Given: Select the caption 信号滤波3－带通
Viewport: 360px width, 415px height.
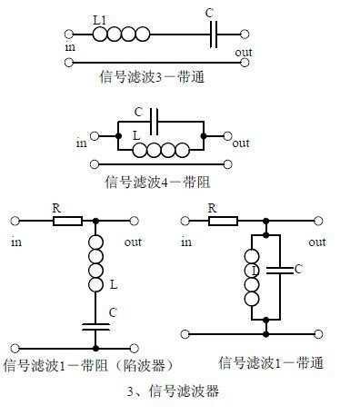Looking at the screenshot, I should point(152,77).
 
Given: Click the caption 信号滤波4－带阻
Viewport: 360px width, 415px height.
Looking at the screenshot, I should point(165,181).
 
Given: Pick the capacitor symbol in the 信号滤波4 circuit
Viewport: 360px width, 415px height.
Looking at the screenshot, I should point(156,119).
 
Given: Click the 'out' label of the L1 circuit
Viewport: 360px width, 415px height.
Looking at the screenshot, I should point(243,52).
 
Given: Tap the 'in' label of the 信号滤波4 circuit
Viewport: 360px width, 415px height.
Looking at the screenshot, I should point(82,142).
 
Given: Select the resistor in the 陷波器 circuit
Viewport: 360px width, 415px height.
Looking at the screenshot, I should point(67,220).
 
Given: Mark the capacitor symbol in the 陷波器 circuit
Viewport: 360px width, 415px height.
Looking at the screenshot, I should point(95,324).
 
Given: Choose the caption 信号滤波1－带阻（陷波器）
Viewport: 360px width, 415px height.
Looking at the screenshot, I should point(87,366).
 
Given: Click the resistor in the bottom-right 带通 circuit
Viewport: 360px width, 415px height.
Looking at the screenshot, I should point(224,220).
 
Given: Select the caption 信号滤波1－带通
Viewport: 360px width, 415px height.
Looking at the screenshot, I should point(271,363).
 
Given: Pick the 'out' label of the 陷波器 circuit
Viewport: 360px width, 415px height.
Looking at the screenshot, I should point(134,242).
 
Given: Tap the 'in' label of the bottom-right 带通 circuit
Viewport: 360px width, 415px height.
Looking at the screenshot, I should point(186,242).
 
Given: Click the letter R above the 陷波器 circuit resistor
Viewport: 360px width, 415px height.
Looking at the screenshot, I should point(55,207).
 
